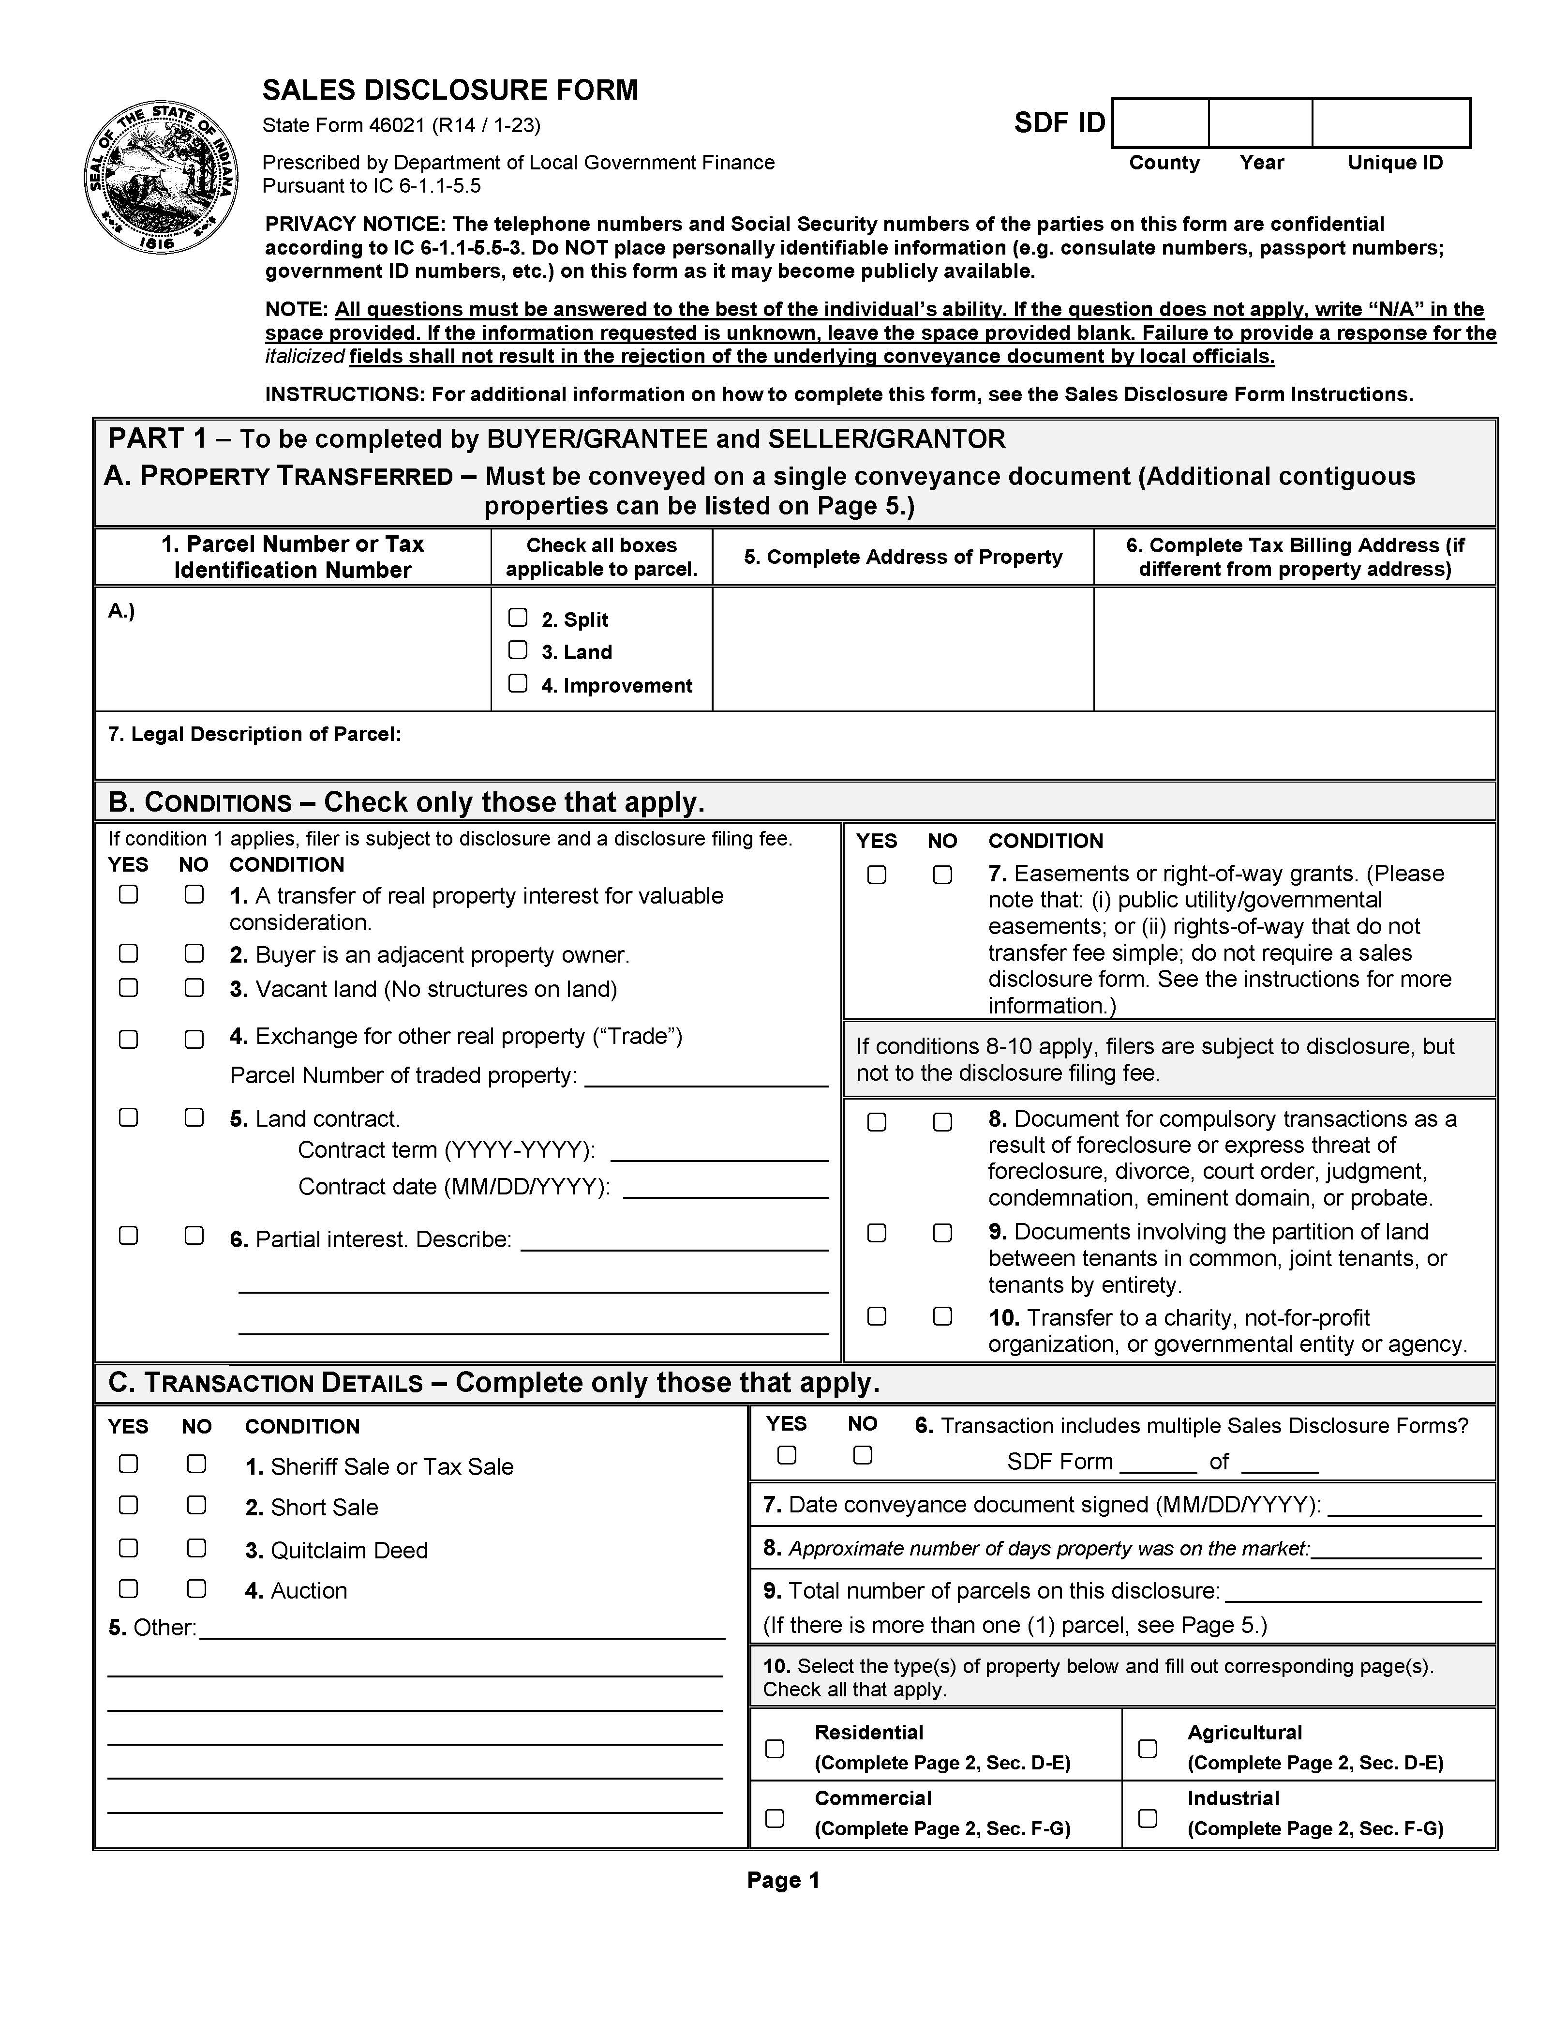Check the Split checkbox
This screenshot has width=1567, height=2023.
click(518, 618)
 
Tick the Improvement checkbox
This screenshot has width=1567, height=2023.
click(518, 683)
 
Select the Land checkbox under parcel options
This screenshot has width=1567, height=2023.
click(518, 650)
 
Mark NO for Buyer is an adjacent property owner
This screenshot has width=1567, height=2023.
click(194, 953)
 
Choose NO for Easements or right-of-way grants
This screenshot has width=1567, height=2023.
click(942, 875)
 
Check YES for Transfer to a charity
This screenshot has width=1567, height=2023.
click(876, 1316)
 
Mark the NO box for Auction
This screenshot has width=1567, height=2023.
click(196, 1588)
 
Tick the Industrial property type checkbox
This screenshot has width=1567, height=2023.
click(1148, 1818)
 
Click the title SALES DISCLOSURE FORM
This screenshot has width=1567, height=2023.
click(450, 90)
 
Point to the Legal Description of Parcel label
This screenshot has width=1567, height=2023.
click(254, 735)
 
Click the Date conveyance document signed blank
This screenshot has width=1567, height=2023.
click(1404, 1505)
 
